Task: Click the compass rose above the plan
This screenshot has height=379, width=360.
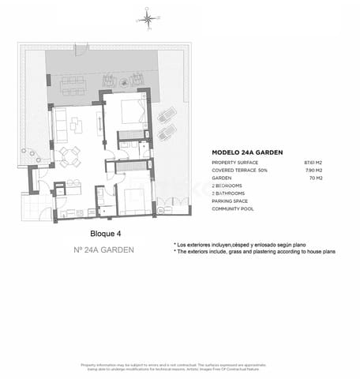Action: tap(148, 17)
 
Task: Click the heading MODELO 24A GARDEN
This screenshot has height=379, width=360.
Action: tap(248, 152)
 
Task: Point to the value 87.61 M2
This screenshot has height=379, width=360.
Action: tap(315, 163)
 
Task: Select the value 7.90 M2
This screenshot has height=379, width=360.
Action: tap(316, 171)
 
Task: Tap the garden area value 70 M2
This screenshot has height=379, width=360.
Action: tap(318, 178)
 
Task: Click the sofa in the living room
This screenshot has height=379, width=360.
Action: tap(59, 124)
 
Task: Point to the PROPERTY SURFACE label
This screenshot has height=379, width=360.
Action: tap(235, 163)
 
